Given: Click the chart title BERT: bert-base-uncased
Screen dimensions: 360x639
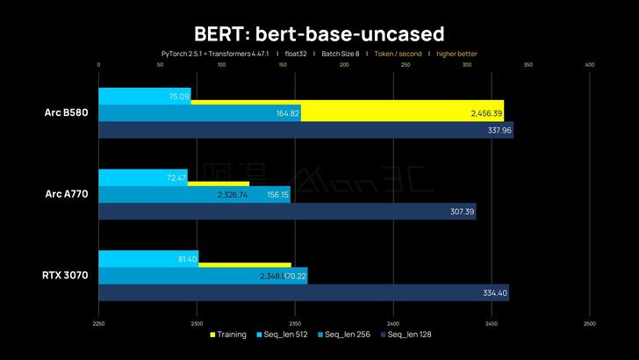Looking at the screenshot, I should pos(319,32).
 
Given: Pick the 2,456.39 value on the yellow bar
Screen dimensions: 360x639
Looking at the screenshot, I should pos(485,113).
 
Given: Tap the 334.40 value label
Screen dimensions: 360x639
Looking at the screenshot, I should pos(495,292).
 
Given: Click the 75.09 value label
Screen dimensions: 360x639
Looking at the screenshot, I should pos(179,97).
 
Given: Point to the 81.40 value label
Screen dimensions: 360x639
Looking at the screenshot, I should pos(186,259).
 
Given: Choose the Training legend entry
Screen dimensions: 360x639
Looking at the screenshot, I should pos(230,334).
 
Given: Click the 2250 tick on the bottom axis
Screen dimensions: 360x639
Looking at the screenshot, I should pos(98,321).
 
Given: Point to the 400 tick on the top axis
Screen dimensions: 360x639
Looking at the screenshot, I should pos(589,64).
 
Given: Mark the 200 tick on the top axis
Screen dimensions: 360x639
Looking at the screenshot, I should pos(344,64).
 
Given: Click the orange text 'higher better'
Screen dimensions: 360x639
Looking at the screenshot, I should pos(456,54).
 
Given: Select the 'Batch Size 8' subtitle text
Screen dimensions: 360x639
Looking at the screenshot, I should pos(340,54).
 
